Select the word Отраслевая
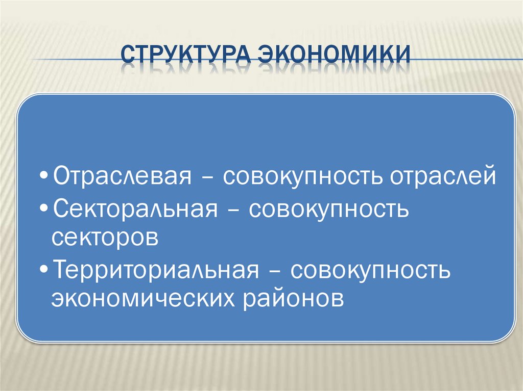[x=123, y=176]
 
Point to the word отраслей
[x=443, y=176]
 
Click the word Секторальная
[x=133, y=209]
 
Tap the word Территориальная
[x=153, y=269]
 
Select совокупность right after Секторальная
[x=329, y=209]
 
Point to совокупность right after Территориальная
[x=370, y=269]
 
